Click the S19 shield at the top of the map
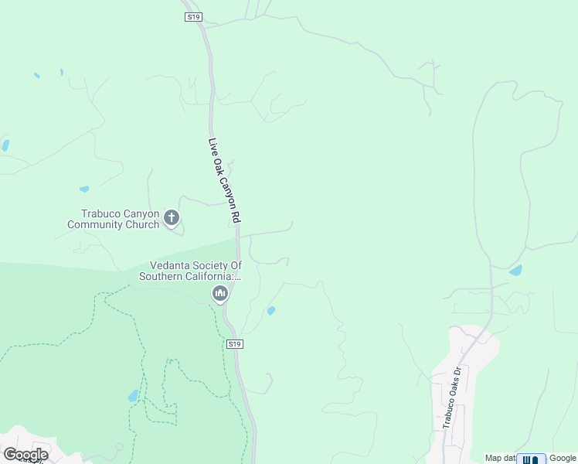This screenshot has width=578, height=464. [193, 16]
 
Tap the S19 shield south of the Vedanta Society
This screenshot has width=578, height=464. [236, 343]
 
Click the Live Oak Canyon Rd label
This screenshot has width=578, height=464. [223, 182]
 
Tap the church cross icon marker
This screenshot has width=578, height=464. [172, 218]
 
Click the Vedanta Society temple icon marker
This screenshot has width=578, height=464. [220, 293]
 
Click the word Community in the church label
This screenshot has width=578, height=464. [100, 225]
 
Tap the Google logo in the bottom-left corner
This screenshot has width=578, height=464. [25, 455]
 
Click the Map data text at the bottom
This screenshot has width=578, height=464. [499, 458]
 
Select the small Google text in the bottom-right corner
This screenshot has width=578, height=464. [563, 458]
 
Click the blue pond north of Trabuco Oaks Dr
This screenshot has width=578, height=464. [515, 271]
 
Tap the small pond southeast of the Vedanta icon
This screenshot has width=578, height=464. [270, 311]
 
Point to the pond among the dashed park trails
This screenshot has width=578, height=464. [133, 396]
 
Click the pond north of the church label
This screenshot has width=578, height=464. [83, 189]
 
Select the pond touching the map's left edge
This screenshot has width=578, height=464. [5, 145]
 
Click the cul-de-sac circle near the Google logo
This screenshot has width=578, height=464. [119, 447]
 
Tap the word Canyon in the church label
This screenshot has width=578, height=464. [141, 213]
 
